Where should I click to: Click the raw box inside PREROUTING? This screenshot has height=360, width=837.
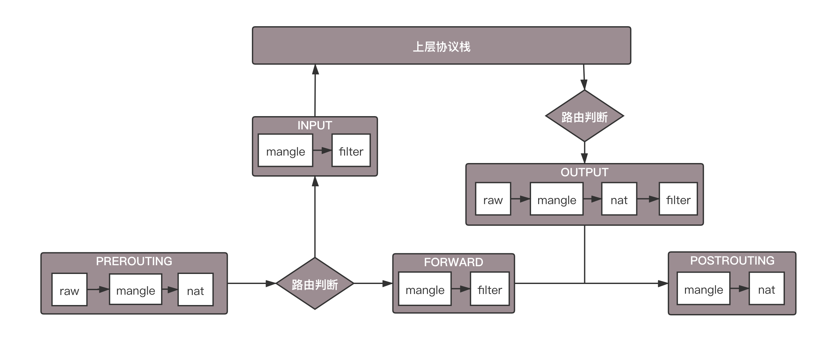point(69,289)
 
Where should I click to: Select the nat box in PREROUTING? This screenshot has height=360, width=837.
point(195,289)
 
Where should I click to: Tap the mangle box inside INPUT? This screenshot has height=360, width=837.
point(285,150)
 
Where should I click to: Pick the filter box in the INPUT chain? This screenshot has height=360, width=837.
point(351,150)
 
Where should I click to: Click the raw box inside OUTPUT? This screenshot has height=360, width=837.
point(493,199)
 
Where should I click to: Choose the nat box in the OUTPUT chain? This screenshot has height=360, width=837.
point(619,199)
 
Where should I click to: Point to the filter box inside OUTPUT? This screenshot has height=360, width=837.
point(678,199)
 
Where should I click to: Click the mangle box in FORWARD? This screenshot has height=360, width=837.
point(425,289)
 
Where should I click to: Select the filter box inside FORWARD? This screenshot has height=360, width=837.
point(490,289)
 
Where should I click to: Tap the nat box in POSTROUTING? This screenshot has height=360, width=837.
point(766,289)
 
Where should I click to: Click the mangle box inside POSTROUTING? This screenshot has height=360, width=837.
point(703,289)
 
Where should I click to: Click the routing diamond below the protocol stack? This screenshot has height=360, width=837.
point(584,116)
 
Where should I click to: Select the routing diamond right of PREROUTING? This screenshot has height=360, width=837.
point(315,284)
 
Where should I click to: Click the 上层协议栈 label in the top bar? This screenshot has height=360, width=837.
point(441,47)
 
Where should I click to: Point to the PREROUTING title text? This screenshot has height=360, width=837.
point(134,261)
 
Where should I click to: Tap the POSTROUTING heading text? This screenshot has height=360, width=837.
point(732,261)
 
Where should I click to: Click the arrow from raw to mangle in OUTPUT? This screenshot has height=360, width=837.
point(520,199)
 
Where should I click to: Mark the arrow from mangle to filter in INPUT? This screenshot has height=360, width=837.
point(322,150)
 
